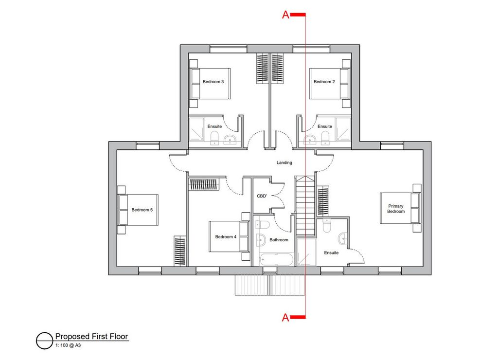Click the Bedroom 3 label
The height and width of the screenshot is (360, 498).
click(213, 82)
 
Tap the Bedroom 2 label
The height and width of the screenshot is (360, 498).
click(324, 82)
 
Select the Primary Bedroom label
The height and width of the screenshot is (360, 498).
click(396, 209)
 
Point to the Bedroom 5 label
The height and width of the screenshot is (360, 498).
click(142, 210)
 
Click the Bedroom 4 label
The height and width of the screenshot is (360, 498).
click(226, 237)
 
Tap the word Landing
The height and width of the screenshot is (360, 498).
click(284, 162)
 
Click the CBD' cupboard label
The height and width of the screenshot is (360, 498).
click(262, 196)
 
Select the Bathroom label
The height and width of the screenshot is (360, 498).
click(279, 240)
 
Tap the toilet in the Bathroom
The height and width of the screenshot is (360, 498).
click(262, 225)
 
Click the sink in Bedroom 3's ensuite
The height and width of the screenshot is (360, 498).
click(230, 140)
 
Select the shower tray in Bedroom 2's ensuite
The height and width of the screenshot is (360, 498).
click(343, 129)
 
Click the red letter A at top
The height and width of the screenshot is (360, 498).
click(285, 15)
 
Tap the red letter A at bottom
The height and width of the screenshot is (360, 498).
click(285, 317)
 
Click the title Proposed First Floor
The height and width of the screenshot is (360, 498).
click(91, 336)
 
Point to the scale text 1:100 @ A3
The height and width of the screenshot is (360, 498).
click(68, 345)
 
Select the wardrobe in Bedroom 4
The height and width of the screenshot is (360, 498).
click(204, 184)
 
